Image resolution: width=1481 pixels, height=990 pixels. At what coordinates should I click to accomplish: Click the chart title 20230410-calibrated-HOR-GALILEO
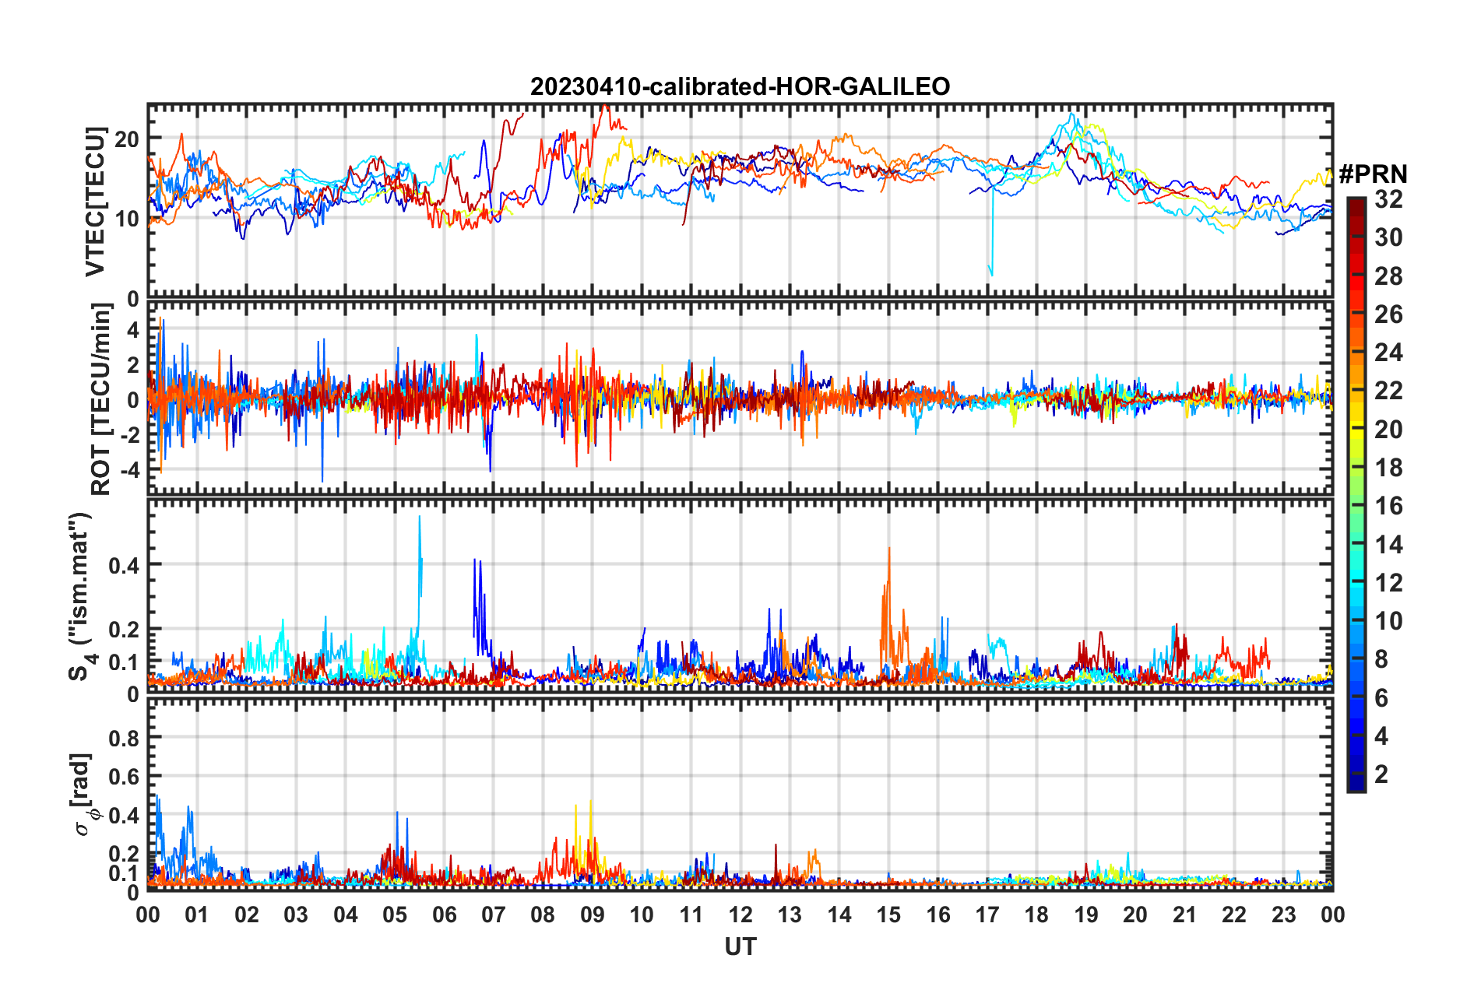[x=740, y=86]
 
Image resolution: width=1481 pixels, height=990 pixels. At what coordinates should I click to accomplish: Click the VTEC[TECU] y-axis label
[x=95, y=202]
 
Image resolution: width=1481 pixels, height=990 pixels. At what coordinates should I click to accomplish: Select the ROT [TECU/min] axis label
[x=100, y=398]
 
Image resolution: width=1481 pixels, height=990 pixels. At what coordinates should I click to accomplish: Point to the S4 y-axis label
[x=81, y=596]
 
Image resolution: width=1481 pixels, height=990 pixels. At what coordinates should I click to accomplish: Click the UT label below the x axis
[x=740, y=946]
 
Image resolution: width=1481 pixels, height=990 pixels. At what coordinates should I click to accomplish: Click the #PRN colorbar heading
[x=1373, y=174]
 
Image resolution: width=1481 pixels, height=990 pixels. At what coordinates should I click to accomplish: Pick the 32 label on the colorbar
[x=1388, y=199]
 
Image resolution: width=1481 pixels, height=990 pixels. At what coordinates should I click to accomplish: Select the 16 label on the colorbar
[x=1388, y=506]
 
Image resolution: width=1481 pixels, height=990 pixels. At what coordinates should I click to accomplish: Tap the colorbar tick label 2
[x=1381, y=774]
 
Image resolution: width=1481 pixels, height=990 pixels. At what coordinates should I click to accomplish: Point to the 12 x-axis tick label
[x=740, y=915]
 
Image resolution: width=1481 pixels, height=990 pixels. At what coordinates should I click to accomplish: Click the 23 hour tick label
[x=1283, y=915]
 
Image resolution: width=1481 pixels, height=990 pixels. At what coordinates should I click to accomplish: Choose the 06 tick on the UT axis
[x=444, y=915]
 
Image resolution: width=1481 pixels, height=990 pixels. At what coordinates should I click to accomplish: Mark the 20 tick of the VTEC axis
[x=127, y=139]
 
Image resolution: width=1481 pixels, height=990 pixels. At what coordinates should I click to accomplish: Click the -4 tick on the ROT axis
[x=131, y=469]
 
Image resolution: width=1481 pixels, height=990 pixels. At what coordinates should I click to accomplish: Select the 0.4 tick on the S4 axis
[x=124, y=564]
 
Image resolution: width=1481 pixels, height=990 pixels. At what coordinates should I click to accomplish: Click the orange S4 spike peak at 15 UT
[x=889, y=549]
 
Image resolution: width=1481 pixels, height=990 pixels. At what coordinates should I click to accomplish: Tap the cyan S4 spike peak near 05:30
[x=420, y=517]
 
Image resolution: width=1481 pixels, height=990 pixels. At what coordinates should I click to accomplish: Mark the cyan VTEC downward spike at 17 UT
[x=991, y=274]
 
